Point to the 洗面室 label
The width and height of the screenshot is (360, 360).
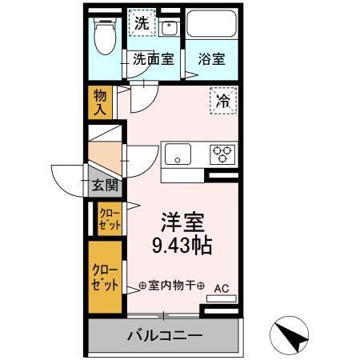click(153, 58)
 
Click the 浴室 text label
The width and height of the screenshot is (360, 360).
click(212, 58)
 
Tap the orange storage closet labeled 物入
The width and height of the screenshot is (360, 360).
click(100, 101)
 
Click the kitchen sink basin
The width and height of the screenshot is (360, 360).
click(178, 153)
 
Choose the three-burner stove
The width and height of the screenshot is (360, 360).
click(221, 153)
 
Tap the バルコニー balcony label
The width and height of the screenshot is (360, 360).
click(165, 334)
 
